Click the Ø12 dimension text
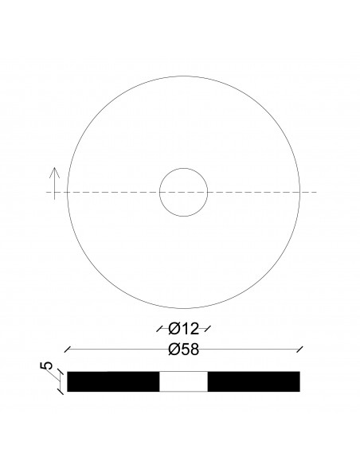click(183, 327)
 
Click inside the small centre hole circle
click(183, 192)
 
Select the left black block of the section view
click(113, 381)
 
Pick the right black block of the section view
click(253, 381)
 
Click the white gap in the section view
click(183, 381)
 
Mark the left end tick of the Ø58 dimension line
click(67, 349)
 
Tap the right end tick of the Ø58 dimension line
click(299, 349)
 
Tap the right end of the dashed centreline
click(317, 192)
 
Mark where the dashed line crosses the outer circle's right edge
click(299, 192)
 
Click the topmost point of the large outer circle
click(183, 76)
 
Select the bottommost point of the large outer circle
click(183, 308)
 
